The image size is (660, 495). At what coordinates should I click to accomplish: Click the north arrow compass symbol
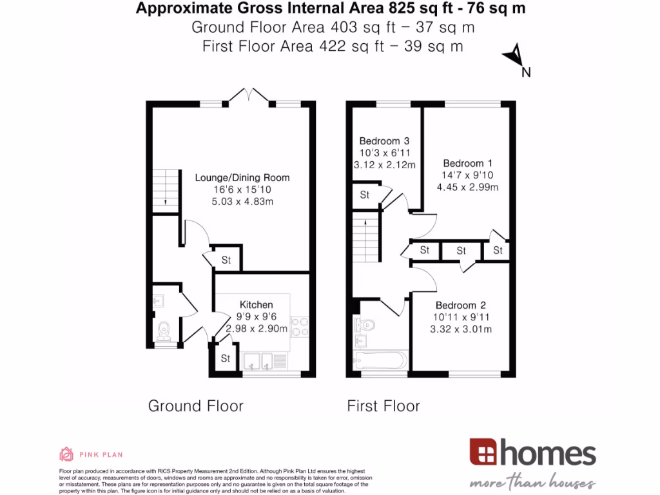click(x=515, y=57)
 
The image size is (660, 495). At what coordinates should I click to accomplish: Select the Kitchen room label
click(x=257, y=304)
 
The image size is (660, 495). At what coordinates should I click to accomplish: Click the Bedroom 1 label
click(x=462, y=164)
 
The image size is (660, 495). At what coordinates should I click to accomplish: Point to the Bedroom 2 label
click(x=460, y=306)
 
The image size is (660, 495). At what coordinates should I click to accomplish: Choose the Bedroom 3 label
click(x=384, y=141)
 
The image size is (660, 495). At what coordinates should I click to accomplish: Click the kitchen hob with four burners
click(x=300, y=326)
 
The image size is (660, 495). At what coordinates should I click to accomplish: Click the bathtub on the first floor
click(x=380, y=360)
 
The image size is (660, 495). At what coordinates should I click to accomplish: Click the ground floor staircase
click(x=166, y=188)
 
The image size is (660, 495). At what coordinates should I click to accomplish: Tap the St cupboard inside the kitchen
click(x=226, y=358)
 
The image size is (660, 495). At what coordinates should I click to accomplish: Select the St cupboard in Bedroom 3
click(x=365, y=195)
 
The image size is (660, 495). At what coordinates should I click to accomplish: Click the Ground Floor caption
click(x=196, y=406)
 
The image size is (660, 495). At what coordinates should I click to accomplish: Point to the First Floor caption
click(x=383, y=406)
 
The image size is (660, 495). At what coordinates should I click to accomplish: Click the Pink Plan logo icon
click(x=66, y=454)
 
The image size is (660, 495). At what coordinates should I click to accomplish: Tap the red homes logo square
click(x=483, y=452)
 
